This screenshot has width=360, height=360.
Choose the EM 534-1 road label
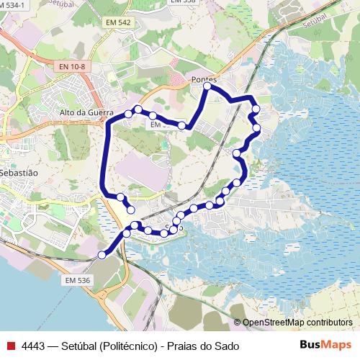(x=13, y=4)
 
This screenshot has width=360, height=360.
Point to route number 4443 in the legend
(x=33, y=346)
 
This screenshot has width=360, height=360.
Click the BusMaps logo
(x=325, y=345)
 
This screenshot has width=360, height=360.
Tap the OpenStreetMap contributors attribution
(x=297, y=323)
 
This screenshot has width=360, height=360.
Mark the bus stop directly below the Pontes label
(x=207, y=86)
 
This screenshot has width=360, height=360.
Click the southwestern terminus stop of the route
(x=102, y=254)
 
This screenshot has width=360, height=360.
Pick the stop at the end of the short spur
(x=131, y=209)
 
